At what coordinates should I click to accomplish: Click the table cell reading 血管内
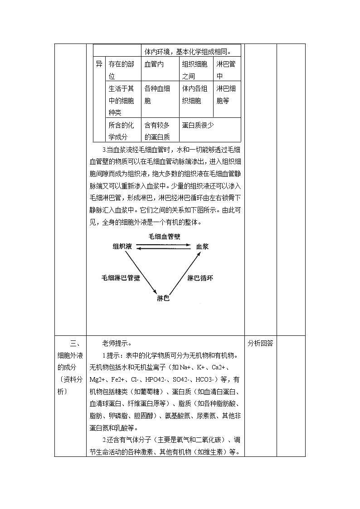click(x=154, y=64)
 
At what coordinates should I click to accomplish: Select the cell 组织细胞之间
click(x=195, y=70)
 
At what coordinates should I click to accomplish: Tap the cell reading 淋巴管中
click(x=226, y=70)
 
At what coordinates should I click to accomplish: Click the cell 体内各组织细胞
click(x=195, y=94)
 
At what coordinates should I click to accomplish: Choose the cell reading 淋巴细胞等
click(x=226, y=94)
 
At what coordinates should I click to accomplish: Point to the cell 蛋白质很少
click(x=198, y=125)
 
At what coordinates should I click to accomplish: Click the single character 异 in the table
click(x=99, y=64)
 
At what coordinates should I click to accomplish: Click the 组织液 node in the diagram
click(x=122, y=247)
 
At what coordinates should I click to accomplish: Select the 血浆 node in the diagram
click(x=202, y=247)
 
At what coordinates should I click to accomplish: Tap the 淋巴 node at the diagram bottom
click(x=163, y=298)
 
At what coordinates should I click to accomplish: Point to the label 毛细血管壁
click(x=164, y=237)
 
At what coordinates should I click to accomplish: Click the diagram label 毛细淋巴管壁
click(x=120, y=278)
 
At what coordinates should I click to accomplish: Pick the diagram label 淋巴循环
click(x=200, y=278)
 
